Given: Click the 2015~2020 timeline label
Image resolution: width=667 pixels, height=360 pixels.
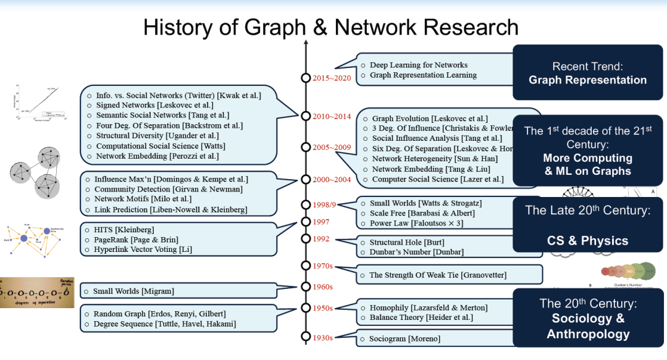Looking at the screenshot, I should [x=332, y=78].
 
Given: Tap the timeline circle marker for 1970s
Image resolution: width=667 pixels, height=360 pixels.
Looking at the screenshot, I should [x=305, y=266].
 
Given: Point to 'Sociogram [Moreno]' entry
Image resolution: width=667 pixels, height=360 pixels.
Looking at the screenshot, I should [x=405, y=338].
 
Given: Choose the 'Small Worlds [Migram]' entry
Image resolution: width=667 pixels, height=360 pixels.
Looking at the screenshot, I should [x=133, y=291].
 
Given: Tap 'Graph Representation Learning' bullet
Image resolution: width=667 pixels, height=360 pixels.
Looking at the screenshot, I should [x=423, y=75].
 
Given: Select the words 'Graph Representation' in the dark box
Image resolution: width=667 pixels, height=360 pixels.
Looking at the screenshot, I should [x=587, y=80].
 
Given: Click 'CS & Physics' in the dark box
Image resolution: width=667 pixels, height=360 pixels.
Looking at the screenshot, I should [x=587, y=241].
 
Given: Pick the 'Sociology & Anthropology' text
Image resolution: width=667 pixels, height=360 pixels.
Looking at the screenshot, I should [x=587, y=326].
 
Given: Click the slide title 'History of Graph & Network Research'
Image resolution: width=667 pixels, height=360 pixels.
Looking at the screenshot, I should [x=330, y=27].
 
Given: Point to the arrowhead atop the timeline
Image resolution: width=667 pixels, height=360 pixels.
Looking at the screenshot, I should [x=305, y=44].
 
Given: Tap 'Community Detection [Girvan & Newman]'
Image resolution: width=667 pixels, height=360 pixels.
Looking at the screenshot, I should [x=168, y=189].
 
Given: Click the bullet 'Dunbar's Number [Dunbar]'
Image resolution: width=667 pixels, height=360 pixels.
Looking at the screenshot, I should [x=416, y=252].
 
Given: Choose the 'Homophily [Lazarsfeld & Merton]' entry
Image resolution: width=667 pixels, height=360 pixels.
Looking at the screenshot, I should [x=428, y=308].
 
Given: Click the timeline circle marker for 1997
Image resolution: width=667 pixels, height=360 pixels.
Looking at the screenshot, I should [x=305, y=222].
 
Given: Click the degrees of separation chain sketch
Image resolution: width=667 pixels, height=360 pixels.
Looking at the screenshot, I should [x=37, y=292].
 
